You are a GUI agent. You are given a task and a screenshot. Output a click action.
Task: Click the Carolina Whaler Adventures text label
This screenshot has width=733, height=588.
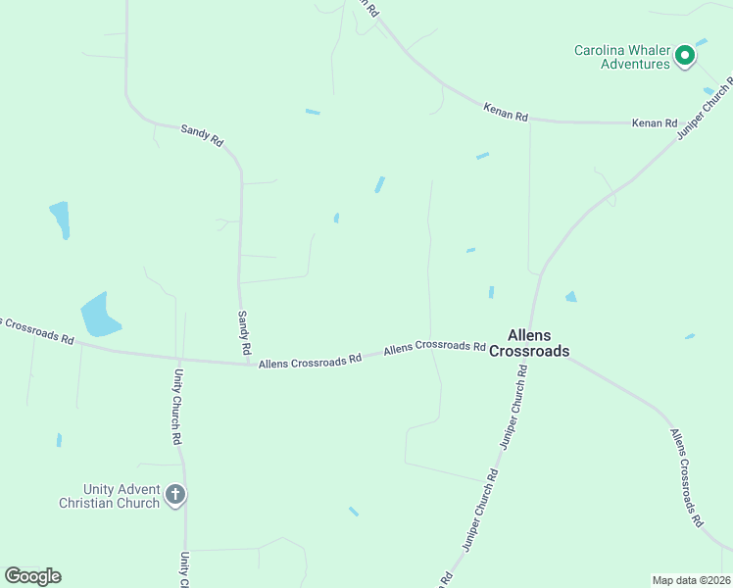click(621, 57)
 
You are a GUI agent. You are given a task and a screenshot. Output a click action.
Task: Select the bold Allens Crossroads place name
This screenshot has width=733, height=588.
click(529, 342)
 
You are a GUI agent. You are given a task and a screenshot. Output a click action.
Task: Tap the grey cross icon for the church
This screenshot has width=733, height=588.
click(175, 494)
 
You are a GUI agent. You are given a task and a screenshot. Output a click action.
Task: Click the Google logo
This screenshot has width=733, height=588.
click(32, 576)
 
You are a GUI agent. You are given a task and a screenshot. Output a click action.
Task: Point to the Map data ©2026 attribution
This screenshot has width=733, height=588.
click(691, 579)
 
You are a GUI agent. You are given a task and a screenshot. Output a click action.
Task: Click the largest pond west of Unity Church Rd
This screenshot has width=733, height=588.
click(99, 316)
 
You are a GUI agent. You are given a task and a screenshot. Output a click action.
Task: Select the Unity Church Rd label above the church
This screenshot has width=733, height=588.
click(178, 407)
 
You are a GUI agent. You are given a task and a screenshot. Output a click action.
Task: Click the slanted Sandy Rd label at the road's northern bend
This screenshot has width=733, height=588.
click(202, 134)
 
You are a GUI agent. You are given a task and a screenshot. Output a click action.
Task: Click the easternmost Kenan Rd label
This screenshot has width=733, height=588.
click(655, 123)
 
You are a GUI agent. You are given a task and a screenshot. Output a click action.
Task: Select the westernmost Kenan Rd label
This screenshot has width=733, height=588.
click(506, 113)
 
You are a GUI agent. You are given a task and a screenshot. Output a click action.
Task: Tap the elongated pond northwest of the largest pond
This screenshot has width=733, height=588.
click(61, 220)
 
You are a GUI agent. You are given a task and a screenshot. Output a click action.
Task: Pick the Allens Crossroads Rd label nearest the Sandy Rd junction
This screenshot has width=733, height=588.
click(311, 362)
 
